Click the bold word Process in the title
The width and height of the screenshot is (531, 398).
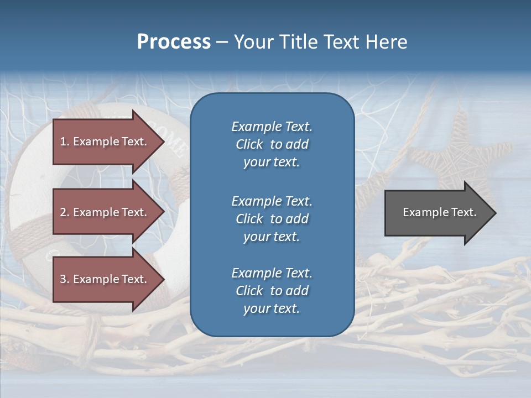tap(174, 41)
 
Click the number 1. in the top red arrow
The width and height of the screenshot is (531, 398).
tap(65, 142)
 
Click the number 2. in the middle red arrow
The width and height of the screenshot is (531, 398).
tap(65, 212)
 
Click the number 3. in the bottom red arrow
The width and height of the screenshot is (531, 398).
tap(65, 279)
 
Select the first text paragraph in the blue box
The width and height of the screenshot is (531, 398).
tap(272, 144)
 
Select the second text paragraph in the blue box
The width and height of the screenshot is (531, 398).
tap(272, 219)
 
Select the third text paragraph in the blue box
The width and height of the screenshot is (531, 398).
tap(272, 291)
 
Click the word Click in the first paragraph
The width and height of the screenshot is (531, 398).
tap(249, 144)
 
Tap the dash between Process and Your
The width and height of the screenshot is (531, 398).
tap(222, 41)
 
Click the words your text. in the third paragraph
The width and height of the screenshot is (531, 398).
tap(272, 308)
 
